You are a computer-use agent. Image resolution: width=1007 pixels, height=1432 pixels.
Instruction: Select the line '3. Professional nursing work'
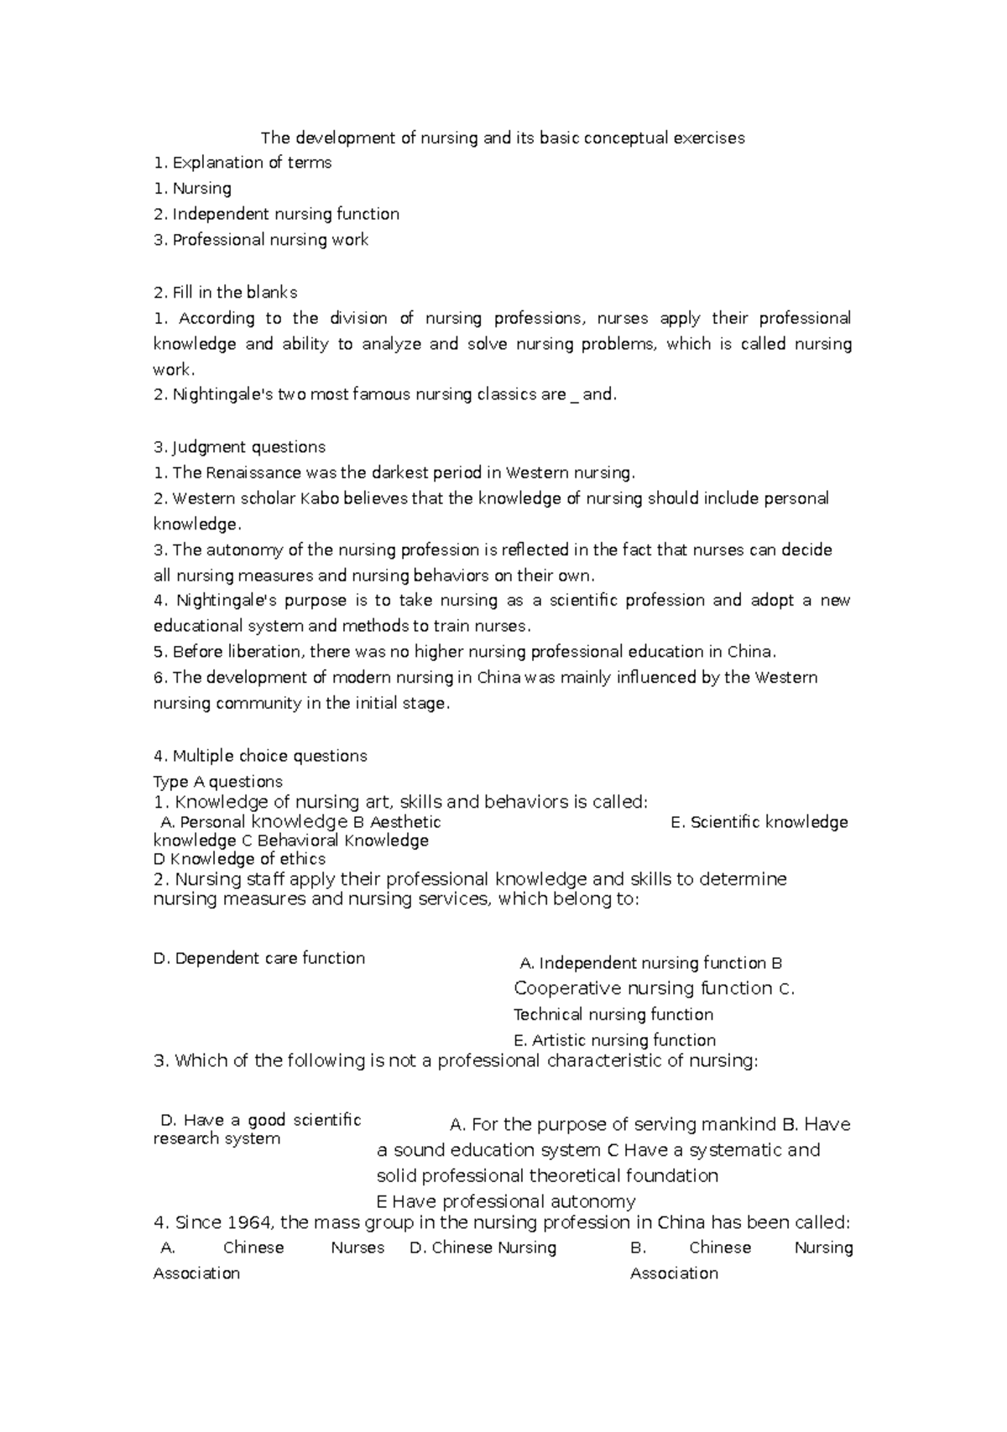[x=261, y=240]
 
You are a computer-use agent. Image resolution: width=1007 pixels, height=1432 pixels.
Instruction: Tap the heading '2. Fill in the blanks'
[x=225, y=293]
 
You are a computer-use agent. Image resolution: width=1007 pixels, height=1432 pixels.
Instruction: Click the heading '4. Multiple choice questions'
[x=260, y=756]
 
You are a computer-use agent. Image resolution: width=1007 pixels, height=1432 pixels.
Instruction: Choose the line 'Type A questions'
[x=217, y=782]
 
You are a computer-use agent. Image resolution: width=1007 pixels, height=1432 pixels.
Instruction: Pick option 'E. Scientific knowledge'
[x=759, y=822]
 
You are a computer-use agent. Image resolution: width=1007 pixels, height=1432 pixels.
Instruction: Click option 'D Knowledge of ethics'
[x=239, y=859]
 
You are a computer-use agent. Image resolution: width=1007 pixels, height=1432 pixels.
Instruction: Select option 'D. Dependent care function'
[x=258, y=958]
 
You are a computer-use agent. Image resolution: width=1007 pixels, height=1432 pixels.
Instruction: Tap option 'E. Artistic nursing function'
[x=614, y=1040]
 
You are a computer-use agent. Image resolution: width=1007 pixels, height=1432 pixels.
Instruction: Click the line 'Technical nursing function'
[x=613, y=1014]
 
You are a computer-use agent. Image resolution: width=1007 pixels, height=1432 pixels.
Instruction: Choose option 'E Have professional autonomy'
[x=506, y=1201]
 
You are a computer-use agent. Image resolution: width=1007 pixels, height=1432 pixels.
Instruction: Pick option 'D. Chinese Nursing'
[x=483, y=1247]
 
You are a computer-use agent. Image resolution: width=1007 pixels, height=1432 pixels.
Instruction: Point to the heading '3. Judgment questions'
[x=239, y=447]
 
